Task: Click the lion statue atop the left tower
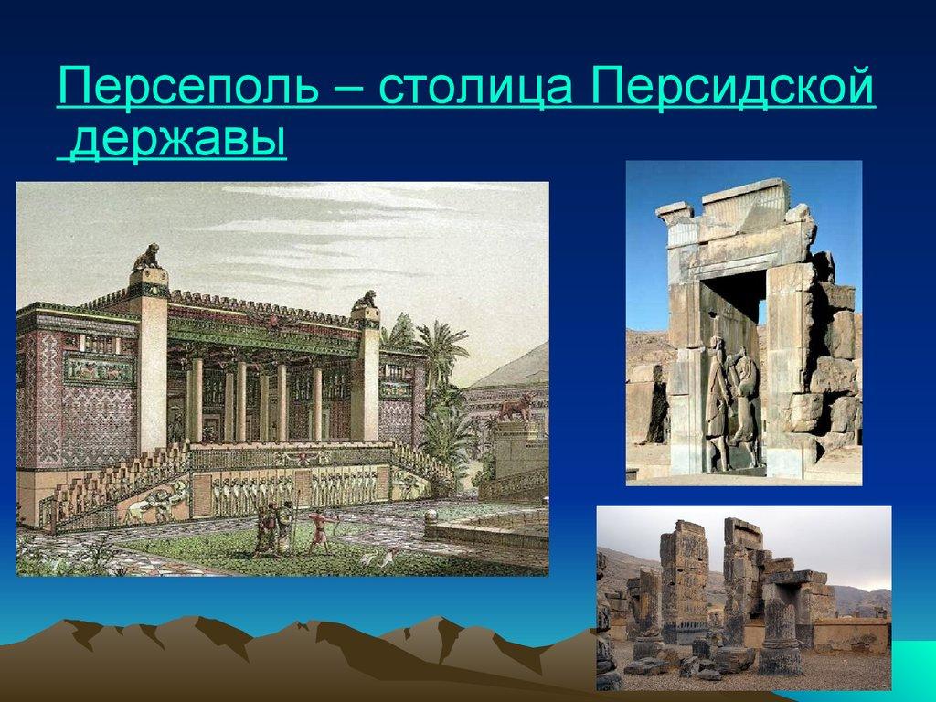[147, 258]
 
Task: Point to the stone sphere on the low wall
[431, 517]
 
